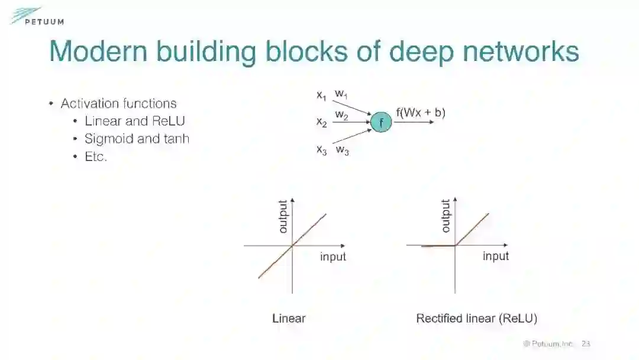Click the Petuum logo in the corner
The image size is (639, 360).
[35, 17]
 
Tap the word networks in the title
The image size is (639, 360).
[520, 52]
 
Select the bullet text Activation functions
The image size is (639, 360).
[118, 104]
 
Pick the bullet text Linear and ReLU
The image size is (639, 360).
[135, 121]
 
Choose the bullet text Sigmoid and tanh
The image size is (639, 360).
[137, 139]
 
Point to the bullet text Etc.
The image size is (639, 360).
[96, 157]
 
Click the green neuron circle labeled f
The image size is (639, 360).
[381, 123]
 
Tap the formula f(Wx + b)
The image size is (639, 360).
[420, 112]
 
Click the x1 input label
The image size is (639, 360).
[321, 95]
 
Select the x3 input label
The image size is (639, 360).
[321, 150]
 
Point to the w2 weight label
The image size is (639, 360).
[341, 114]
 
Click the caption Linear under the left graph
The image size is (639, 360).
[289, 319]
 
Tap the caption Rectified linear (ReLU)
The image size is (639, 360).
[476, 319]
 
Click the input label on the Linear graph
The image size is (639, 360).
[333, 257]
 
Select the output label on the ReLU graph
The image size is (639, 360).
[446, 216]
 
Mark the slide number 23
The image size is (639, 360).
[586, 344]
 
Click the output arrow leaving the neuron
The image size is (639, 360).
[417, 122]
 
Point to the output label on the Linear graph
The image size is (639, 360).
[283, 216]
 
